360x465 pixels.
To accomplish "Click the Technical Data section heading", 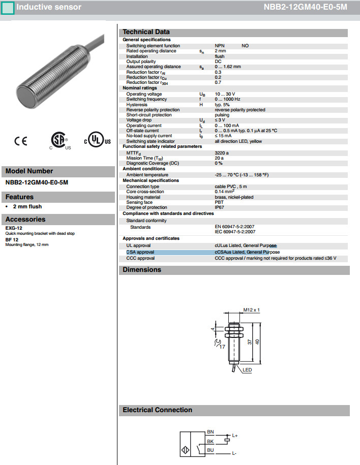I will [146, 32].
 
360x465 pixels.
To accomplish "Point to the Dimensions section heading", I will [142, 270].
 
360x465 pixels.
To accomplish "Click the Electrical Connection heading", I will [157, 410].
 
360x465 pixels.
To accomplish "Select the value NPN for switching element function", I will [220, 46].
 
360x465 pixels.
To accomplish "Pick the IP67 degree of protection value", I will [220, 207].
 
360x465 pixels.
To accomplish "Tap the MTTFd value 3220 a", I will [222, 152].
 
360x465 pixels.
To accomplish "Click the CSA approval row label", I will [140, 252].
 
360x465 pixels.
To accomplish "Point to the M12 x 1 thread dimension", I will [251, 309].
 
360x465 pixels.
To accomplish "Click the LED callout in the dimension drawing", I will [247, 369].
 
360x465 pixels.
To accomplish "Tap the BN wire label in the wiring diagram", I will [210, 431].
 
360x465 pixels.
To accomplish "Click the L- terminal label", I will [234, 453].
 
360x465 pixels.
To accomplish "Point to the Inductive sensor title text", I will [48, 7].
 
